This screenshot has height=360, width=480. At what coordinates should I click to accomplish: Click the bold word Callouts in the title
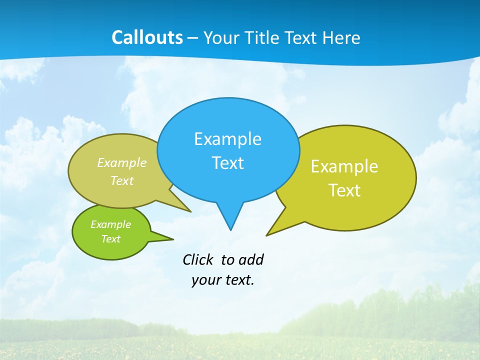tap(147, 38)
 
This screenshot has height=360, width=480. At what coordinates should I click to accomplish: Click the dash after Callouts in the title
tap(193, 38)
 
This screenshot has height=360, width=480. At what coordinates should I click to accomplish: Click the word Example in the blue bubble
tap(227, 139)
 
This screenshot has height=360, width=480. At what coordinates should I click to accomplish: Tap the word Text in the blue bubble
tap(227, 163)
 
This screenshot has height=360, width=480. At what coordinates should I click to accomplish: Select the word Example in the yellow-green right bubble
tap(344, 166)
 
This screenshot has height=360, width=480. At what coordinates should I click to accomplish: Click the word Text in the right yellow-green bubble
tap(344, 190)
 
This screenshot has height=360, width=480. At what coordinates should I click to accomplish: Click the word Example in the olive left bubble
tap(122, 163)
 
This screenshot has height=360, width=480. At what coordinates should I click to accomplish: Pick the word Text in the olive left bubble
tap(122, 180)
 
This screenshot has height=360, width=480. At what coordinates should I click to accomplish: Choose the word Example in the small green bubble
tap(110, 224)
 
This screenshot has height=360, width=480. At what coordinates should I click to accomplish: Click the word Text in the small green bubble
tap(110, 239)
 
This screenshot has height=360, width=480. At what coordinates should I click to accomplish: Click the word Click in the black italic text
tap(198, 260)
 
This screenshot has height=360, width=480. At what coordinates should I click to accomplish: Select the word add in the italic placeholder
tap(251, 260)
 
